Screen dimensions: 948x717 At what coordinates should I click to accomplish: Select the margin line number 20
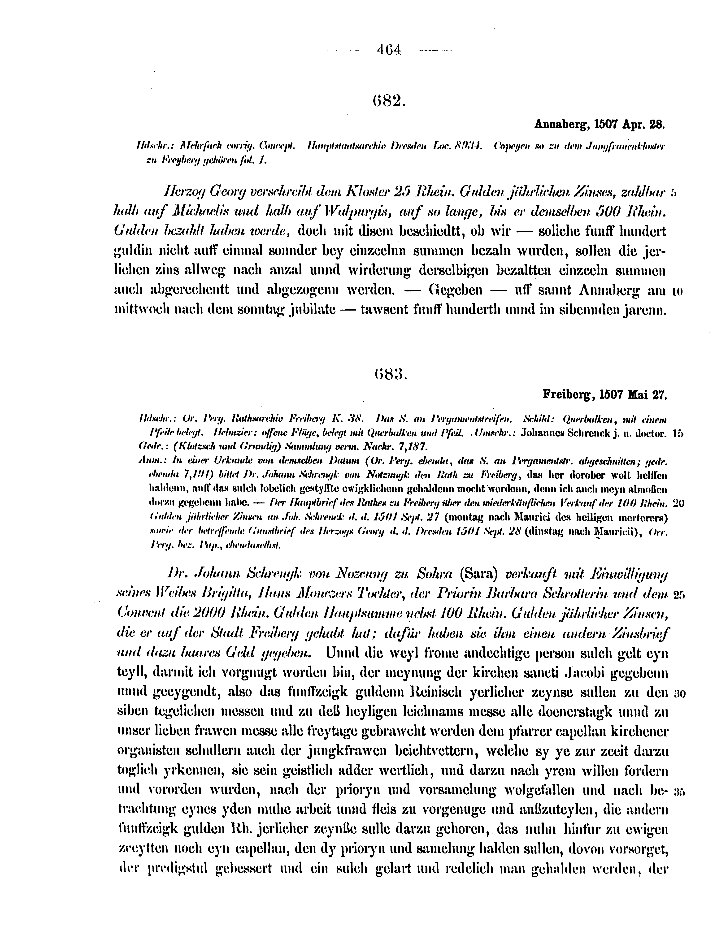coord(678,504)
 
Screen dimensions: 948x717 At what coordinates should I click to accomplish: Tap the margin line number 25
coord(678,595)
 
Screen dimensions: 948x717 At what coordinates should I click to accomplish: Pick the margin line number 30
coord(678,692)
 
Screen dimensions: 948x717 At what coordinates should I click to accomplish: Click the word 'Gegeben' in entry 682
coord(456,290)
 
